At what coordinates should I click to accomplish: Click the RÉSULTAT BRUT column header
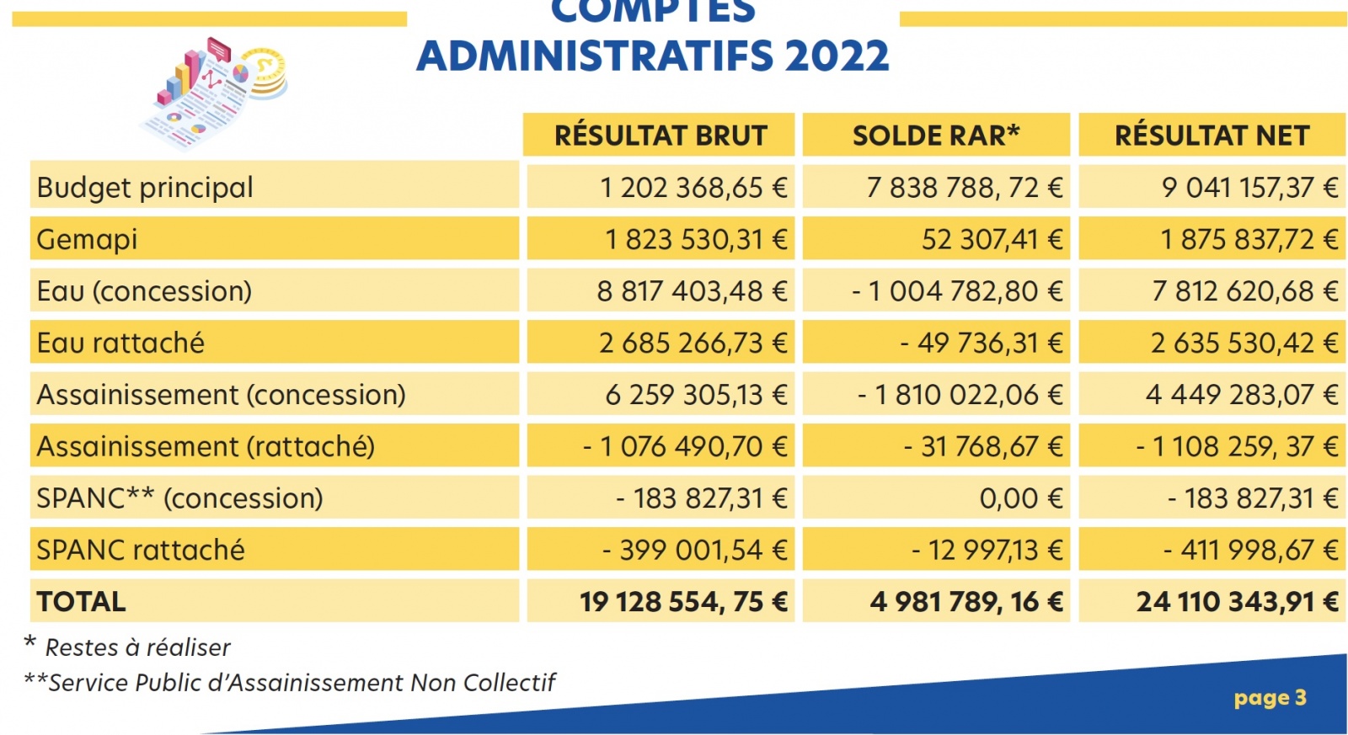pos(660,136)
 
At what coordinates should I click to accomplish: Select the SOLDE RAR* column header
pos(935,136)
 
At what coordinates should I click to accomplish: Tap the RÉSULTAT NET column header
pos(1212,136)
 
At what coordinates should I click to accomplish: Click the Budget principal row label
pos(145,187)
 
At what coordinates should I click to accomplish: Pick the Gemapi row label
pos(87,239)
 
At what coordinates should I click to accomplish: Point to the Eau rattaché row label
pos(120,343)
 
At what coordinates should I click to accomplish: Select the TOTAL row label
pos(81,601)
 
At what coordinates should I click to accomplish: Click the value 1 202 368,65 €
pos(693,187)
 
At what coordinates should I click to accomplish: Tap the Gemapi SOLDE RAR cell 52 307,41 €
pos(992,239)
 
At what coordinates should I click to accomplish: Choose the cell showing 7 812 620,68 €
pos(1244,291)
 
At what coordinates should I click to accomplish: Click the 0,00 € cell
pos(1020,498)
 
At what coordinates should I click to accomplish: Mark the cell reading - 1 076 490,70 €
pos(685,446)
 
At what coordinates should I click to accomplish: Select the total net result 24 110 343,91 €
pos(1237,601)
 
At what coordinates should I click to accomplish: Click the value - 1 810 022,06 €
pos(960,395)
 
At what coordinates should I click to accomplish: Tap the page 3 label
pos(1270,698)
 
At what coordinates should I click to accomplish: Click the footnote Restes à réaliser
pos(137,647)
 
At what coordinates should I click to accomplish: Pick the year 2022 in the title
pos(837,56)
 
